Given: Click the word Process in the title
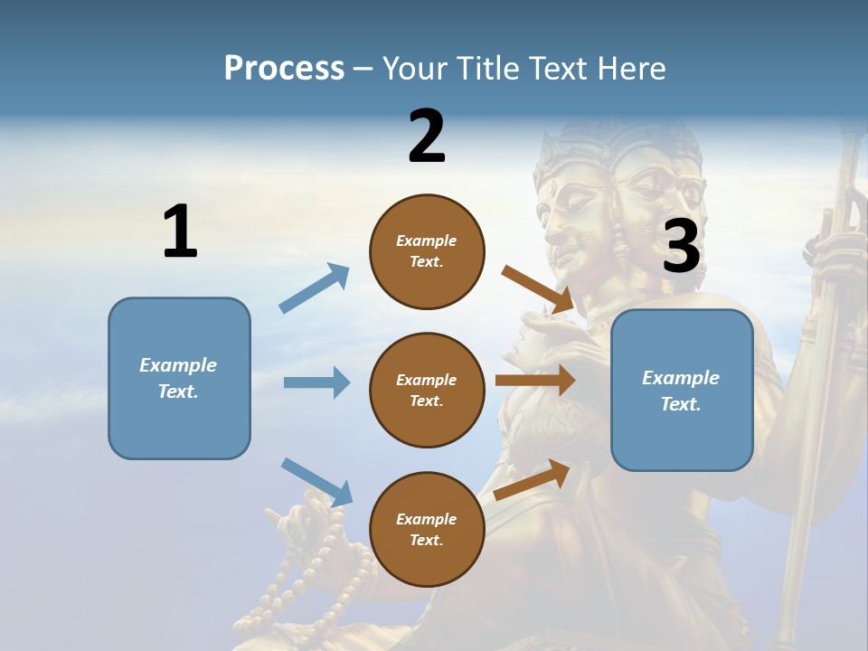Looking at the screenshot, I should (x=284, y=68).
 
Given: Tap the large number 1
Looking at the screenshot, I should (x=180, y=231).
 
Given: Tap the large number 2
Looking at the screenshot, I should (x=427, y=136).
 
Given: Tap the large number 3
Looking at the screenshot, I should (x=681, y=246).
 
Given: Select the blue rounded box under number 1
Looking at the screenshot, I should (x=179, y=378).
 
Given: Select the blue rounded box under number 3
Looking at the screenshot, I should (x=682, y=390).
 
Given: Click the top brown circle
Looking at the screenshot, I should (x=427, y=251).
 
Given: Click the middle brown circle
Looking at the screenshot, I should (x=427, y=390).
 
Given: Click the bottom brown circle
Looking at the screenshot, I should (x=427, y=529).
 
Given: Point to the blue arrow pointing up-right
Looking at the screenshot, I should (x=315, y=288).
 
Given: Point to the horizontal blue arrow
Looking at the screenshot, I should (x=316, y=382).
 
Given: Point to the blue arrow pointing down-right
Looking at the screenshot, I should (x=316, y=481).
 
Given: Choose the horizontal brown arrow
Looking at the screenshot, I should (x=535, y=381).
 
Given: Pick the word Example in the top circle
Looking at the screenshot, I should (x=427, y=241).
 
